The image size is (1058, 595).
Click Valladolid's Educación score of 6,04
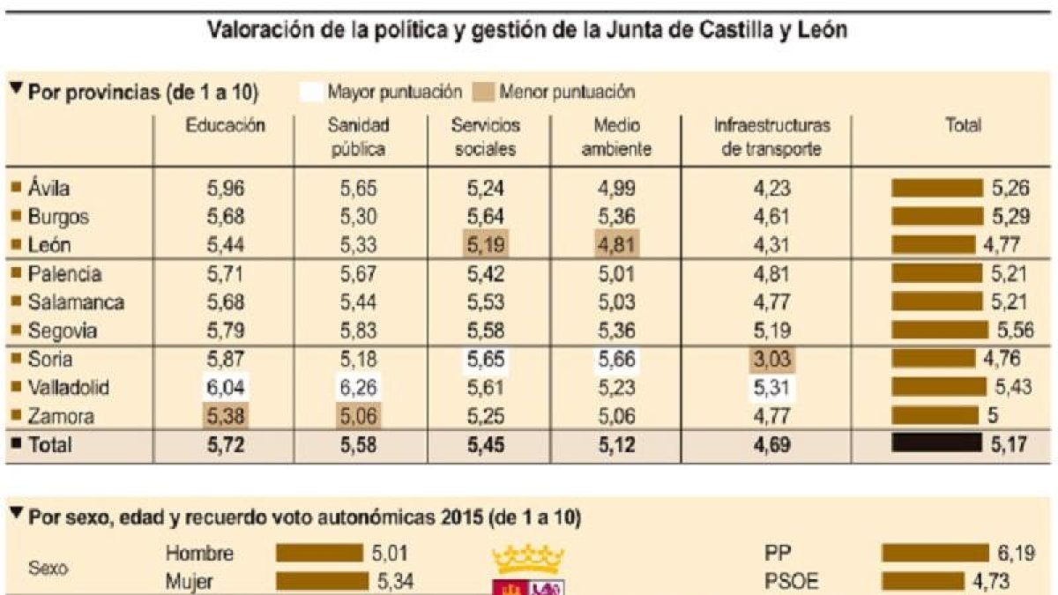pos(226,388)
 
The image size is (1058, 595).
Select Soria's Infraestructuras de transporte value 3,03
pos(771,360)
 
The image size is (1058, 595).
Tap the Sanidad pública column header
pos(358,137)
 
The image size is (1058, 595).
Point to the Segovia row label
pos(63,331)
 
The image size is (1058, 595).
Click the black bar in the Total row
pos(936,443)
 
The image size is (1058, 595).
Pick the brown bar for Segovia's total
pos(940,330)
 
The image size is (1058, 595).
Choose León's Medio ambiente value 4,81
pos(616,245)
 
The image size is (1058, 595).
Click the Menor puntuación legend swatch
pos(483,92)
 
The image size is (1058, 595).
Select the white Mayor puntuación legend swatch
pos(310,92)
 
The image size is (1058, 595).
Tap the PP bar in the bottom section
pos(935,553)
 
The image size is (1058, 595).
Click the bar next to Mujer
pos(322,581)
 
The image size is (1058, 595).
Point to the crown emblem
pos(528,559)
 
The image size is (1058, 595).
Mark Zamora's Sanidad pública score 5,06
pos(358,416)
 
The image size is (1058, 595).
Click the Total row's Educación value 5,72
pos(226,445)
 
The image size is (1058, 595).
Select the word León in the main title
pos(823,30)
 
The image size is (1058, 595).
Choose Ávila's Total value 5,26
pos(1010,189)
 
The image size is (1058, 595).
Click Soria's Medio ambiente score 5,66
pos(616,360)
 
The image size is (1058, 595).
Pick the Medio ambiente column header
pos(616,137)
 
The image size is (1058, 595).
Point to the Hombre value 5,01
pos(390,553)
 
